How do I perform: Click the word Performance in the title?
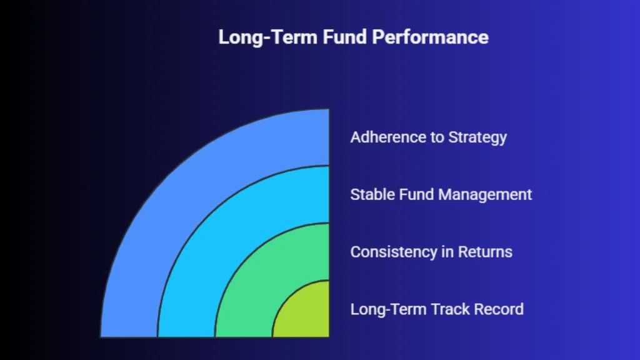tap(430, 37)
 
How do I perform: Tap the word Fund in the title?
tap(345, 37)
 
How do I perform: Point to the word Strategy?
tap(477, 138)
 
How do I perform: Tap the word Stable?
tap(372, 194)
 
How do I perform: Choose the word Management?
tap(485, 195)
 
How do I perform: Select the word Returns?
tap(485, 252)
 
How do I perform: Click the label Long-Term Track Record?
tap(437, 309)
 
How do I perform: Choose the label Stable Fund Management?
tap(441, 195)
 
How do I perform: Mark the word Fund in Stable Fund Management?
tap(416, 194)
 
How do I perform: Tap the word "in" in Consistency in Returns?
tap(447, 252)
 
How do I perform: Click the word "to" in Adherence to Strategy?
tap(437, 137)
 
